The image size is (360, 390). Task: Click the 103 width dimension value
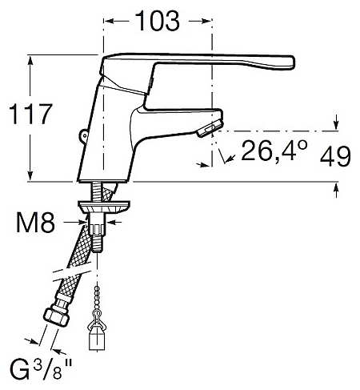coord(158,21)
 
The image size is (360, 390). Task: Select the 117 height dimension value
coord(30,114)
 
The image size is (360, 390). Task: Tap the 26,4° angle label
coord(274,151)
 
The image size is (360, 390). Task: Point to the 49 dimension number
coord(335,156)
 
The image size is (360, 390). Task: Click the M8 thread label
coord(35,223)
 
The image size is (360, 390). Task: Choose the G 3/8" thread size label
coord(41,369)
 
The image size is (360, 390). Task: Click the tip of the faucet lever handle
coord(293,62)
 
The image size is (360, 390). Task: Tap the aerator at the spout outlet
coord(210,128)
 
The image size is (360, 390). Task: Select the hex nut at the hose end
coord(56,317)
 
